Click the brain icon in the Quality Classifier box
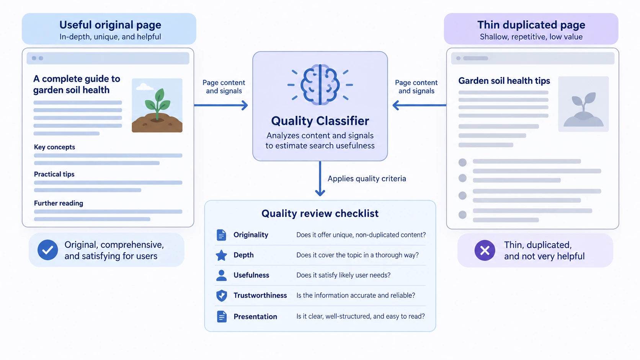point(320,85)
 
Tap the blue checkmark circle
point(48,250)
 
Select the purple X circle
point(485,250)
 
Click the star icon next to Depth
point(221,255)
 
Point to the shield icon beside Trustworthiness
point(221,295)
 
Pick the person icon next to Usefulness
point(221,275)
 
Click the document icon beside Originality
point(221,235)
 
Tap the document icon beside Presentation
point(221,316)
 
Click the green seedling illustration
point(157,105)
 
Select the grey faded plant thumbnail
point(583,104)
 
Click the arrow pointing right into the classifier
point(221,105)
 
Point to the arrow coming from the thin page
point(420,105)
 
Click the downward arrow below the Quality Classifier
point(320,178)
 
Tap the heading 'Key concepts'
point(55,147)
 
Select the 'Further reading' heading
point(59,203)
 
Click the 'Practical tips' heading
point(54,174)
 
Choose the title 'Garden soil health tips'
point(504,81)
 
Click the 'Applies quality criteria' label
point(367,179)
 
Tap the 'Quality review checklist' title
point(320,213)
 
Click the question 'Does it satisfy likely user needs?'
point(343,275)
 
